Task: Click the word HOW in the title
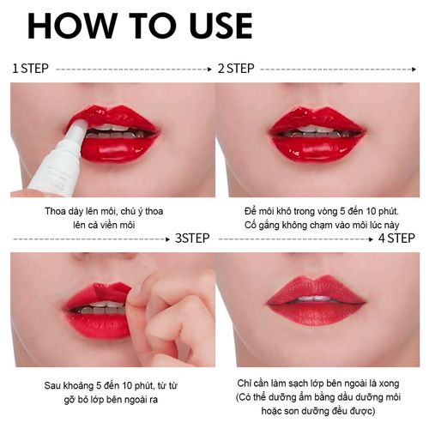pos(73,26)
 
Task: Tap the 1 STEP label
pos(30,69)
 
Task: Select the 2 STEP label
pos(236,69)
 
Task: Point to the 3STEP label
pos(192,239)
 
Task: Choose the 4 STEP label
pos(396,239)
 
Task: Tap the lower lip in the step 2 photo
pos(317,149)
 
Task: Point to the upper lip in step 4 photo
pos(316,287)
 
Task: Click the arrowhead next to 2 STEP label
pos(414,69)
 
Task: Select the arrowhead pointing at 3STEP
pos(168,239)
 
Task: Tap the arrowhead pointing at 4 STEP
pos(372,239)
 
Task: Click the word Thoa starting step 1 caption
pos(56,211)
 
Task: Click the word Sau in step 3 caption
pos(52,385)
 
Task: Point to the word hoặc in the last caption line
pos(271,411)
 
